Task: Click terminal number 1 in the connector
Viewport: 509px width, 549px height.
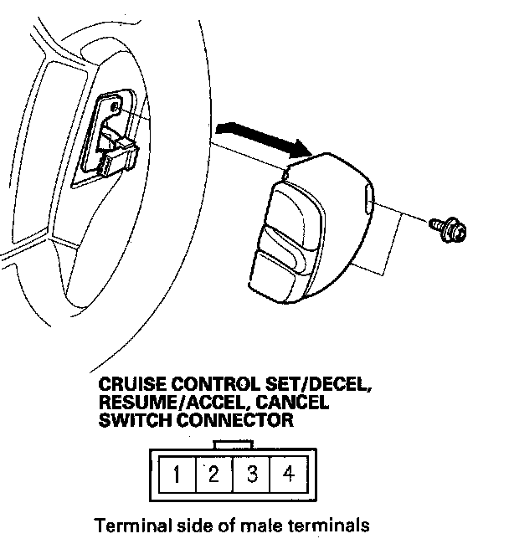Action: [177, 475]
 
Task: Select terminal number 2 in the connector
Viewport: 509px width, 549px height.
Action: [213, 475]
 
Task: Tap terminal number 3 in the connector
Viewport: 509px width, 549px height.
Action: [251, 475]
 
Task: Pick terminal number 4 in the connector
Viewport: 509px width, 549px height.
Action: [288, 475]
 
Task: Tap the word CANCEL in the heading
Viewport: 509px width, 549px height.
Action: [292, 403]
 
